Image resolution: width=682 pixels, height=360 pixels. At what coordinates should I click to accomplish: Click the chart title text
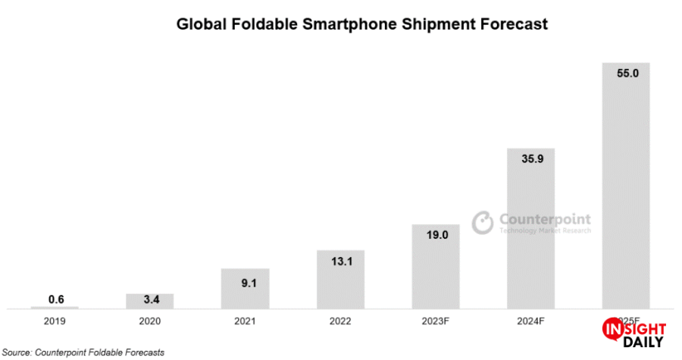361,24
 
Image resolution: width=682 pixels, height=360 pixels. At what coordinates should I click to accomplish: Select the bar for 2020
150,301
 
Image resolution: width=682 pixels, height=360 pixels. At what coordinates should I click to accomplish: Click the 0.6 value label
55,299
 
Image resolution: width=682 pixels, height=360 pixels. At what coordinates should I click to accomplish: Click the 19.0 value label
436,236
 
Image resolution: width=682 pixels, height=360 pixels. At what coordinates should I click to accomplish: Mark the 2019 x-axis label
55,321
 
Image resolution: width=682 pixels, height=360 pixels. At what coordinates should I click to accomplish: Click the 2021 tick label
245,321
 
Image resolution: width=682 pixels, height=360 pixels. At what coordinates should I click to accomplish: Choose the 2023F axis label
436,321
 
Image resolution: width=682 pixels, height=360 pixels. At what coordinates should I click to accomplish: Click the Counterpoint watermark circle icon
483,221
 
